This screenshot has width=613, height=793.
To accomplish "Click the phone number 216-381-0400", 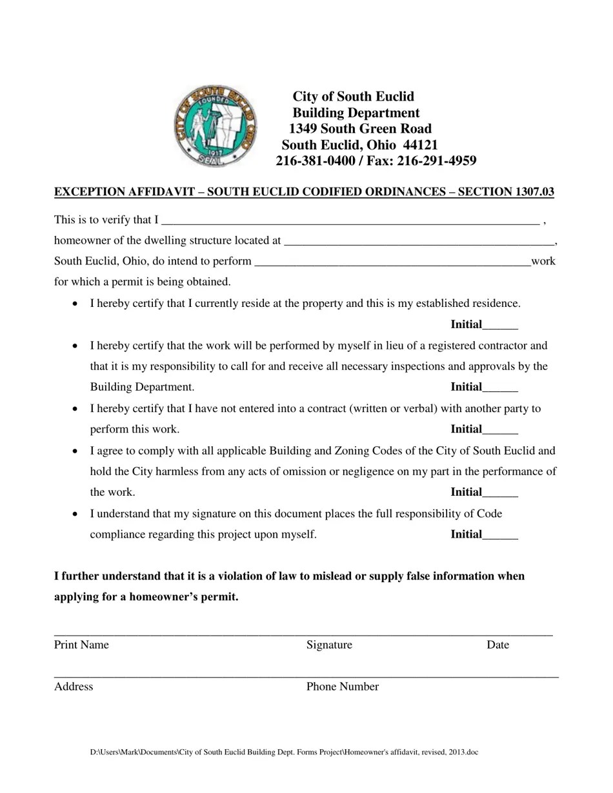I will coord(316,161).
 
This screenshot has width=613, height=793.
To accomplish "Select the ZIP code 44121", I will coord(419,144).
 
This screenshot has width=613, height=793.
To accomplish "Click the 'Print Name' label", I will coord(81,645).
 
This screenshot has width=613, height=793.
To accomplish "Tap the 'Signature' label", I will coord(329,645).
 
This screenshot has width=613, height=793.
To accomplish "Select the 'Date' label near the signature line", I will coord(497,645).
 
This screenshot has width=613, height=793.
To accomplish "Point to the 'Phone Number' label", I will coord(342,687).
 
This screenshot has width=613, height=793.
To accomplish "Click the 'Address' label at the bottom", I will coord(74,687).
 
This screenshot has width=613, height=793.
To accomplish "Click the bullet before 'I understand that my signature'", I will coord(76,514).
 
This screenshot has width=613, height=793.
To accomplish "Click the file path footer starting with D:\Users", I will coord(284,752).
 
